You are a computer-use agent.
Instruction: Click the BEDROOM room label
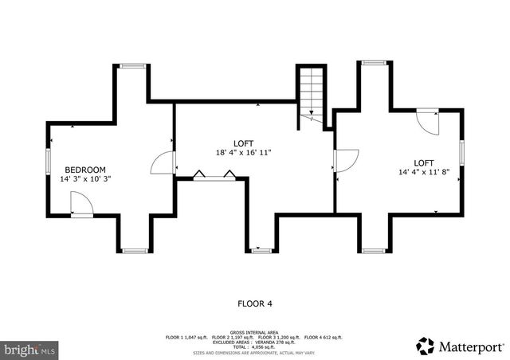click(85, 170)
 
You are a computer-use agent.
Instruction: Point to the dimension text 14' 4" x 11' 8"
click(430, 172)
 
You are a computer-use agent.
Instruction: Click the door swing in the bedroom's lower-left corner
click(81, 205)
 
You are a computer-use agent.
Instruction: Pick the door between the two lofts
click(344, 161)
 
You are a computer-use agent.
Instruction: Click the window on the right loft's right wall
click(462, 152)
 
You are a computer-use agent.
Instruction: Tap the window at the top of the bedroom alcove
click(133, 66)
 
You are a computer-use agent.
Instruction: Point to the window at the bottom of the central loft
click(261, 251)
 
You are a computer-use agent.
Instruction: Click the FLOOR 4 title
click(257, 303)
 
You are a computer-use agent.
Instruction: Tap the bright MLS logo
click(30, 349)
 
